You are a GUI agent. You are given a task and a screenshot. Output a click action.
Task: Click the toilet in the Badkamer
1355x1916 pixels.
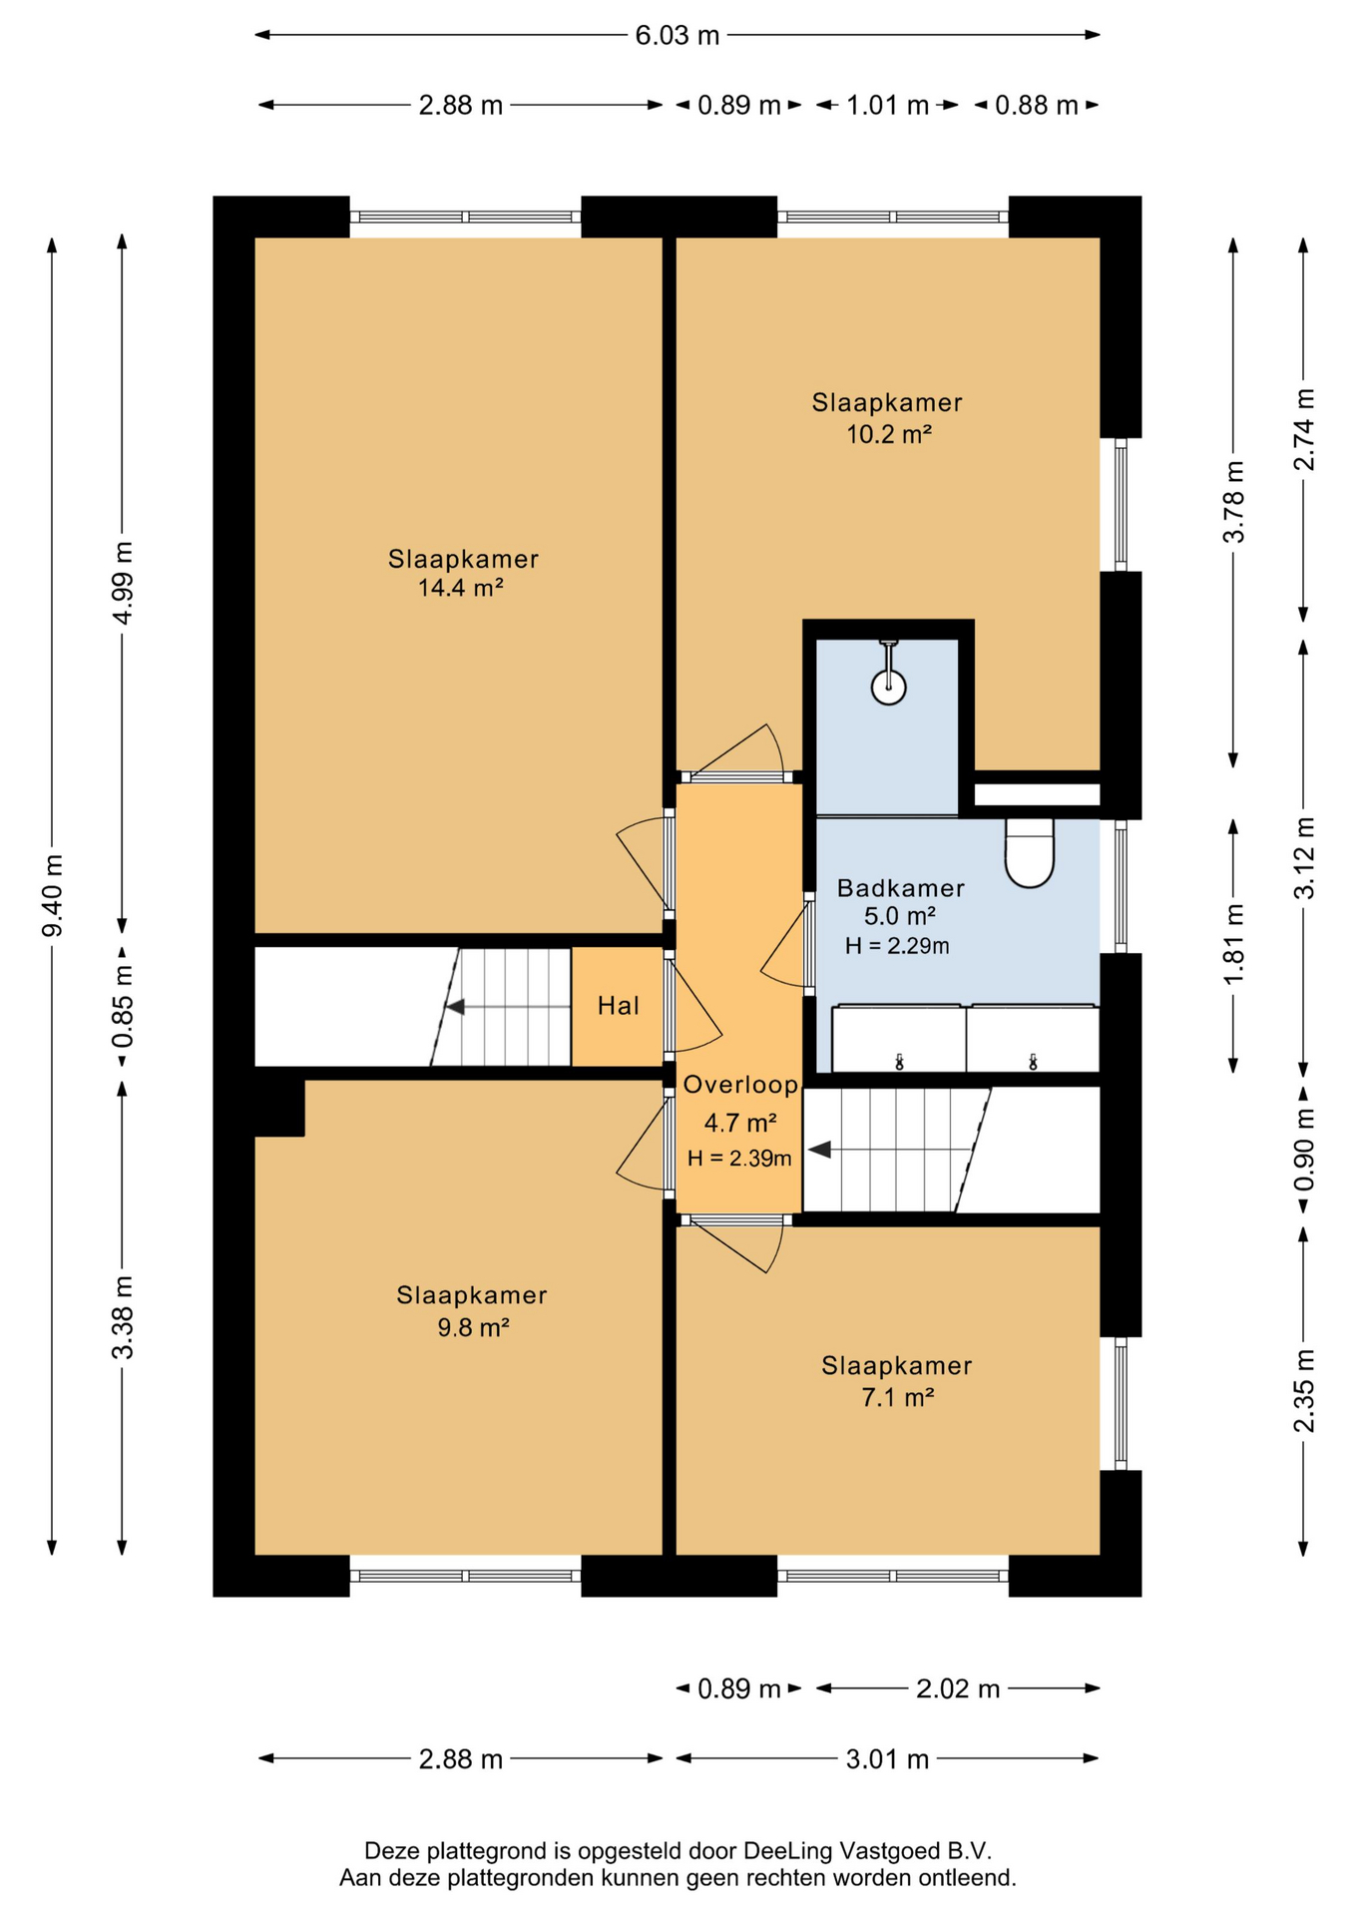pyautogui.click(x=1030, y=852)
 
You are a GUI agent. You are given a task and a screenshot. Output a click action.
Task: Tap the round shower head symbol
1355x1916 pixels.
pyautogui.click(x=888, y=687)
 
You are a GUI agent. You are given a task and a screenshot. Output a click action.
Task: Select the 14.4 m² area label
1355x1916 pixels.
pyautogui.click(x=460, y=588)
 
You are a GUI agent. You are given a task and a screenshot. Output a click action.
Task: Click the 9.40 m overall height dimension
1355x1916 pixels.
pyautogui.click(x=53, y=895)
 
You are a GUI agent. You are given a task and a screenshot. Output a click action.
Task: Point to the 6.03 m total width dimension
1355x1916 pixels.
pyautogui.click(x=677, y=35)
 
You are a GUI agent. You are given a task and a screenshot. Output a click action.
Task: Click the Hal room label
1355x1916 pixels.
pyautogui.click(x=619, y=1006)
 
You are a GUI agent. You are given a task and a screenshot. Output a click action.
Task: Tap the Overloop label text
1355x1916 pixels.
pyautogui.click(x=740, y=1085)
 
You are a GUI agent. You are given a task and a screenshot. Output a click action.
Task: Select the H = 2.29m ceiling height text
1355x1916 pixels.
pyautogui.click(x=897, y=946)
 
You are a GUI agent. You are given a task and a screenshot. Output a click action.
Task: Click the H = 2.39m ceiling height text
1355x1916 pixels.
pyautogui.click(x=739, y=1158)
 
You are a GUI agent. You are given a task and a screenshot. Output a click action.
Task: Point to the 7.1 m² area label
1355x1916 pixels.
pyautogui.click(x=897, y=1398)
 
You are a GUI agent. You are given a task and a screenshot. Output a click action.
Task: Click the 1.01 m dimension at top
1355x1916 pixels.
pyautogui.click(x=888, y=105)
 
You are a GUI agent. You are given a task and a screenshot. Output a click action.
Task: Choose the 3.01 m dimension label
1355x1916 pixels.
pyautogui.click(x=887, y=1759)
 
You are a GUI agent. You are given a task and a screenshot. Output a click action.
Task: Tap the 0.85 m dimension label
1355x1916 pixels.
pyautogui.click(x=123, y=1006)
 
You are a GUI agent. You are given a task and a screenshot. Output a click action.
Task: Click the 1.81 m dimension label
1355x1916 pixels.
pyautogui.click(x=1234, y=943)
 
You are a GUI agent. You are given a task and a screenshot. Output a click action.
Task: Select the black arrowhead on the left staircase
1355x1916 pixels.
pyautogui.click(x=454, y=1007)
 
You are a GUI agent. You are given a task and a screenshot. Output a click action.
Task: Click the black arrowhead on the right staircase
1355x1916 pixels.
pyautogui.click(x=819, y=1151)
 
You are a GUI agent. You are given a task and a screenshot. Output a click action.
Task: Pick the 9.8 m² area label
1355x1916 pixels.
pyautogui.click(x=473, y=1328)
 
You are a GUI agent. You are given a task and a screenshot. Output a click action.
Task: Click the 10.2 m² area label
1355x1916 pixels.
pyautogui.click(x=889, y=435)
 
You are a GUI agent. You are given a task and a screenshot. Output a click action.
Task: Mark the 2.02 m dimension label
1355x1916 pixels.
pyautogui.click(x=958, y=1688)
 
